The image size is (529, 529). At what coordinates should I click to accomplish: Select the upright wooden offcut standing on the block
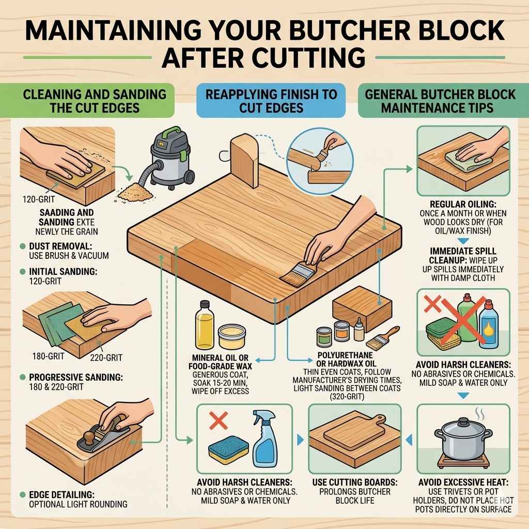coord(244,160)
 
